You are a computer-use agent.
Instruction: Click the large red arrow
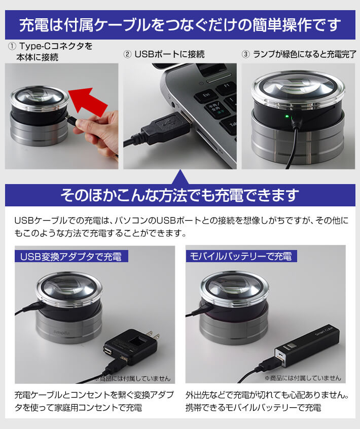(x=87, y=101)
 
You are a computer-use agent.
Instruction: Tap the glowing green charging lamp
(x=287, y=117)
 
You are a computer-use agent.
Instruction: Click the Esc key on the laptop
(x=206, y=95)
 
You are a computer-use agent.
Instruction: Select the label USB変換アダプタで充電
(x=71, y=257)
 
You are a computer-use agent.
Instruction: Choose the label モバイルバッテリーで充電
(x=241, y=257)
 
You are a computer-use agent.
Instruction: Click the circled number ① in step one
(x=12, y=46)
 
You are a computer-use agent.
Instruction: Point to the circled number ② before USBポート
(x=127, y=54)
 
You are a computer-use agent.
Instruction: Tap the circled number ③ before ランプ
(x=245, y=54)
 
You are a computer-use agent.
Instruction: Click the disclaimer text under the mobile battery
(x=303, y=378)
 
